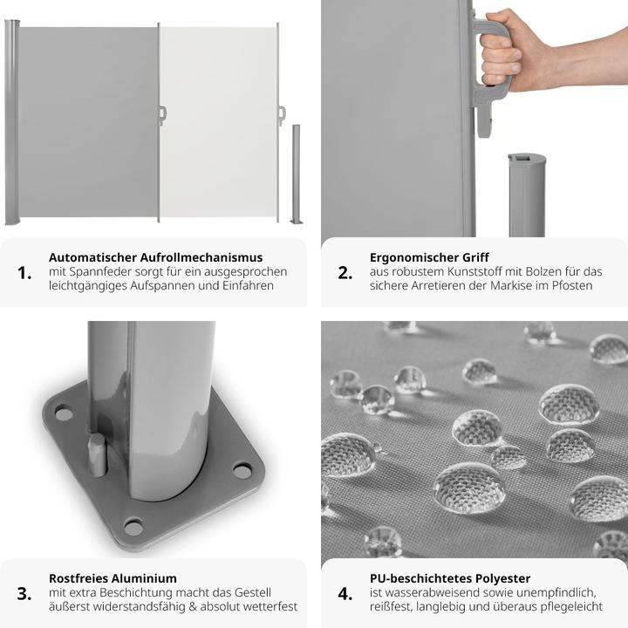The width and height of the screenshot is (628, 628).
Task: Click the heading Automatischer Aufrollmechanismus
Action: pyautogui.click(x=155, y=257)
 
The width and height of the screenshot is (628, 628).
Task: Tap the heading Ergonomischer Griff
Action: pyautogui.click(x=428, y=257)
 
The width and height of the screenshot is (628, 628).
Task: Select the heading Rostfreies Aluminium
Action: pyautogui.click(x=113, y=578)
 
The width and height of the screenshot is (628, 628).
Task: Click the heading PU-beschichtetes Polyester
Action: pyautogui.click(x=449, y=578)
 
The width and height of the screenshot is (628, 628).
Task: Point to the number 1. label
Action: pyautogui.click(x=24, y=272)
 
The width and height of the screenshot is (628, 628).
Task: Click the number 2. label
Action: pyautogui.click(x=345, y=272)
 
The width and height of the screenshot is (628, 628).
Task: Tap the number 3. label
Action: pyautogui.click(x=24, y=593)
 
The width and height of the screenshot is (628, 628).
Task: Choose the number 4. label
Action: pyautogui.click(x=345, y=593)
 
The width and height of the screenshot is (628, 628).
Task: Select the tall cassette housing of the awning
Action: pyautogui.click(x=11, y=122)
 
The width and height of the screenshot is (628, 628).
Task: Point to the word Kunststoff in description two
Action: pyautogui.click(x=461, y=272)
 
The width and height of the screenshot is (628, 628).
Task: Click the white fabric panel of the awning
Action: pyautogui.click(x=218, y=122)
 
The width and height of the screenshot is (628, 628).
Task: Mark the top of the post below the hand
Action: pyautogui.click(x=527, y=160)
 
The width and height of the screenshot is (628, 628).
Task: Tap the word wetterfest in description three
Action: pyautogui.click(x=270, y=607)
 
